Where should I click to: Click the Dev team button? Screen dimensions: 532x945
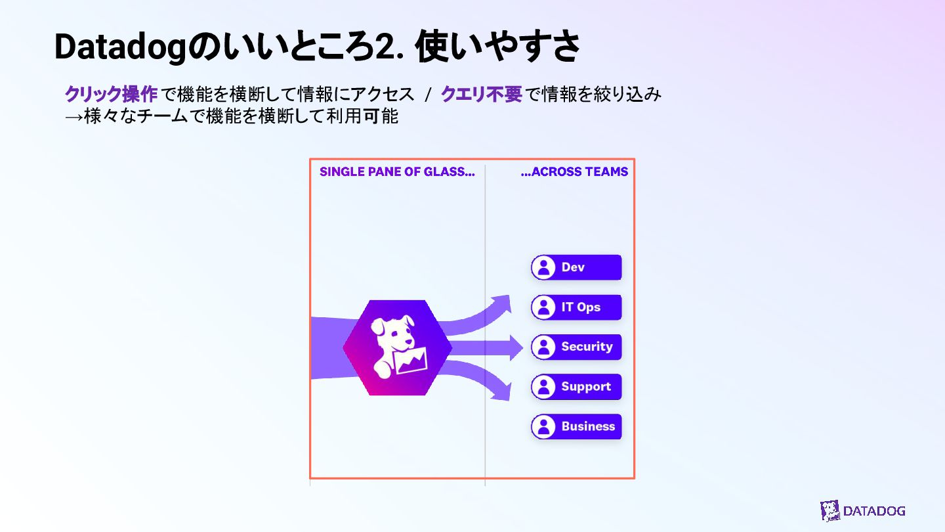click(576, 267)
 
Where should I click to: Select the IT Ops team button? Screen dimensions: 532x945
click(576, 307)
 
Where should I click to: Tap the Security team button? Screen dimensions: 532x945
click(576, 347)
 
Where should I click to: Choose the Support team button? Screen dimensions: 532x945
click(576, 387)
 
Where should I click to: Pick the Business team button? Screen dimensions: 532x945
click(576, 426)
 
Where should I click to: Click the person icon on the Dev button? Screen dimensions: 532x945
click(543, 267)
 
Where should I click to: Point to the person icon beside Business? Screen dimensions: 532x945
click(543, 426)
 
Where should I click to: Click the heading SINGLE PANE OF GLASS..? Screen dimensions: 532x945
click(396, 172)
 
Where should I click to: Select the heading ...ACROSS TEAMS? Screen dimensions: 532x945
click(574, 172)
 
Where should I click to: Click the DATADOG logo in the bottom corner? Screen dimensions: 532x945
click(862, 510)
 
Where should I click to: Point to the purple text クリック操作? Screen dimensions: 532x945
click(111, 95)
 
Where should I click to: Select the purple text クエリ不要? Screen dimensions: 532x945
click(481, 95)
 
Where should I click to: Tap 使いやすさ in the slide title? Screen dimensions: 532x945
click(498, 47)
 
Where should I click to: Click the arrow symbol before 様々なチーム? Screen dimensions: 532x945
click(73, 117)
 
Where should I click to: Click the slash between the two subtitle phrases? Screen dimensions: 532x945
click(427, 95)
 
